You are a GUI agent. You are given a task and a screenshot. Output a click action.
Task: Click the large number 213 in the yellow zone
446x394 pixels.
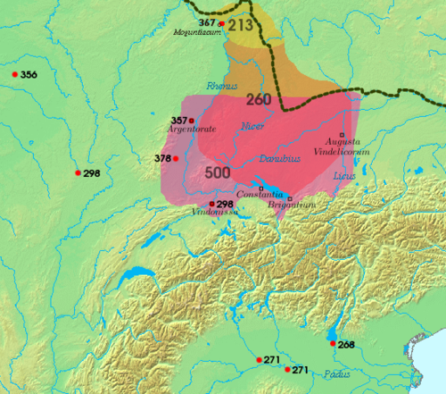242,25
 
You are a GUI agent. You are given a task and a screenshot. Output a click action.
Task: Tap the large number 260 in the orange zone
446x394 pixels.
258,98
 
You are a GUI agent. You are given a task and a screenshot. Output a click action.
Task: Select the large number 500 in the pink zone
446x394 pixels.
219,171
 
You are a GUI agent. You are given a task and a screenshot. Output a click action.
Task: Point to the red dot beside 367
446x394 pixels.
221,23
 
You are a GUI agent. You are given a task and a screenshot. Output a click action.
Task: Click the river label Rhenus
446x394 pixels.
219,87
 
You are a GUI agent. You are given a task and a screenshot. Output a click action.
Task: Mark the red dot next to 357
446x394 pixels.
192,120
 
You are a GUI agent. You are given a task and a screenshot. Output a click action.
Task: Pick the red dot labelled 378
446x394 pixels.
175,159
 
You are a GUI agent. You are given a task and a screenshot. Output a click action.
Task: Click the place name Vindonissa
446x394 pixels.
212,214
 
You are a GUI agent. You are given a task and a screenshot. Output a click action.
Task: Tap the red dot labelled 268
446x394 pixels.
333,344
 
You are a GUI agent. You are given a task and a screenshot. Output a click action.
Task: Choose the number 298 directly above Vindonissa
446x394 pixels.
224,204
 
